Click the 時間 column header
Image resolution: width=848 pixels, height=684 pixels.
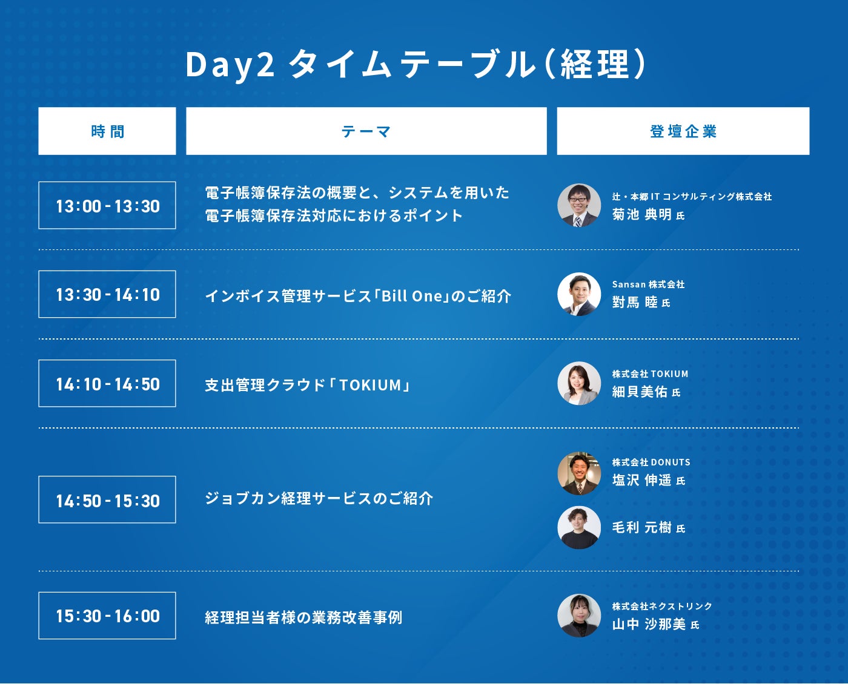click(x=107, y=131)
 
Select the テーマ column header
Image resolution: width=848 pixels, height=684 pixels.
click(x=366, y=131)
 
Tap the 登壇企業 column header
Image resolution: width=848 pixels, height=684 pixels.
click(x=683, y=131)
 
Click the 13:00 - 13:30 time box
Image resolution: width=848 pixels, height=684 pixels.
click(x=107, y=205)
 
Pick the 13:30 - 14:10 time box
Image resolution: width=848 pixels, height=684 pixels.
click(x=107, y=294)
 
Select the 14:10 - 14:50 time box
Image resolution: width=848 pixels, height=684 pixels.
click(x=107, y=383)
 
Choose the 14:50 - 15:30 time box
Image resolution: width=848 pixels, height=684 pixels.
click(x=107, y=499)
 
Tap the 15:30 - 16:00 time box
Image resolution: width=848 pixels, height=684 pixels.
click(x=107, y=616)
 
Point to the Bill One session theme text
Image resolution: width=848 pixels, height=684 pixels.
click(x=358, y=296)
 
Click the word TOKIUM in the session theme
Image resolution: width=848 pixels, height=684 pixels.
click(x=370, y=385)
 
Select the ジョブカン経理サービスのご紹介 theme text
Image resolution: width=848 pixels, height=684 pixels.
click(x=319, y=498)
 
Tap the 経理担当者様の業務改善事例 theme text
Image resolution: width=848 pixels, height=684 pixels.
click(x=304, y=617)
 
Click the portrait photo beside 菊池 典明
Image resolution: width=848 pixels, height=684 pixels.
click(x=579, y=205)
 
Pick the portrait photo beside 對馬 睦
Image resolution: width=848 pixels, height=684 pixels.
click(x=579, y=294)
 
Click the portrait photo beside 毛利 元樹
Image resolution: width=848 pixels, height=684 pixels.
click(x=579, y=527)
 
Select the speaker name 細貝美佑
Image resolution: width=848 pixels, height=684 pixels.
click(x=640, y=392)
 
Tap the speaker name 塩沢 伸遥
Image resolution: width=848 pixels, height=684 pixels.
click(x=642, y=480)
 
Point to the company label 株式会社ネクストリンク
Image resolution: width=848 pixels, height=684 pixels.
click(x=662, y=606)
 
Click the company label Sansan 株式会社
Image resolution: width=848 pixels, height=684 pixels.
click(x=649, y=284)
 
